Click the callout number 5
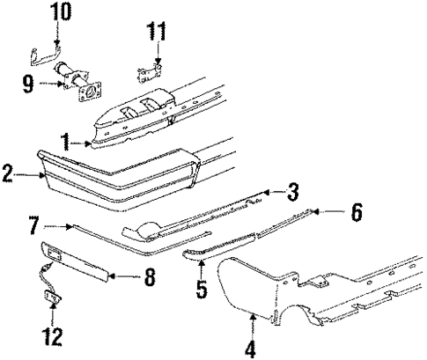coord(202,288)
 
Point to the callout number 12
coord(54,335)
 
